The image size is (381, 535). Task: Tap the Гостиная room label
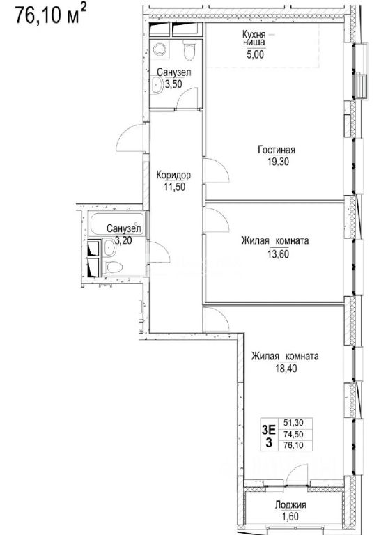pyautogui.click(x=277, y=150)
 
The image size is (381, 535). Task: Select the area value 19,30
pyautogui.click(x=277, y=162)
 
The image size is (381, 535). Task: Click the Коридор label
pyautogui.click(x=173, y=176)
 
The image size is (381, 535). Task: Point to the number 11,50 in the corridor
pyautogui.click(x=173, y=187)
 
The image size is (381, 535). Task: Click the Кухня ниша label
pyautogui.click(x=254, y=38)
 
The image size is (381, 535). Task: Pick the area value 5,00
pyautogui.click(x=255, y=54)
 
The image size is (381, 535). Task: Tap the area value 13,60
pyautogui.click(x=277, y=254)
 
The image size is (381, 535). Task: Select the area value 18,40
pyautogui.click(x=286, y=369)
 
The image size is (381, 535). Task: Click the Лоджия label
pyautogui.click(x=290, y=505)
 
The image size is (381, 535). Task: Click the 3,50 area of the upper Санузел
pyautogui.click(x=173, y=84)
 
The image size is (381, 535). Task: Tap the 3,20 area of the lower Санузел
pyautogui.click(x=123, y=240)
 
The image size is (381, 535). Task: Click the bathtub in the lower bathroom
pyautogui.click(x=116, y=224)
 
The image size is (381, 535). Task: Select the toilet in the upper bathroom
pyautogui.click(x=189, y=50)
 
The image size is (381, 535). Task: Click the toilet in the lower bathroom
pyautogui.click(x=113, y=267)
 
